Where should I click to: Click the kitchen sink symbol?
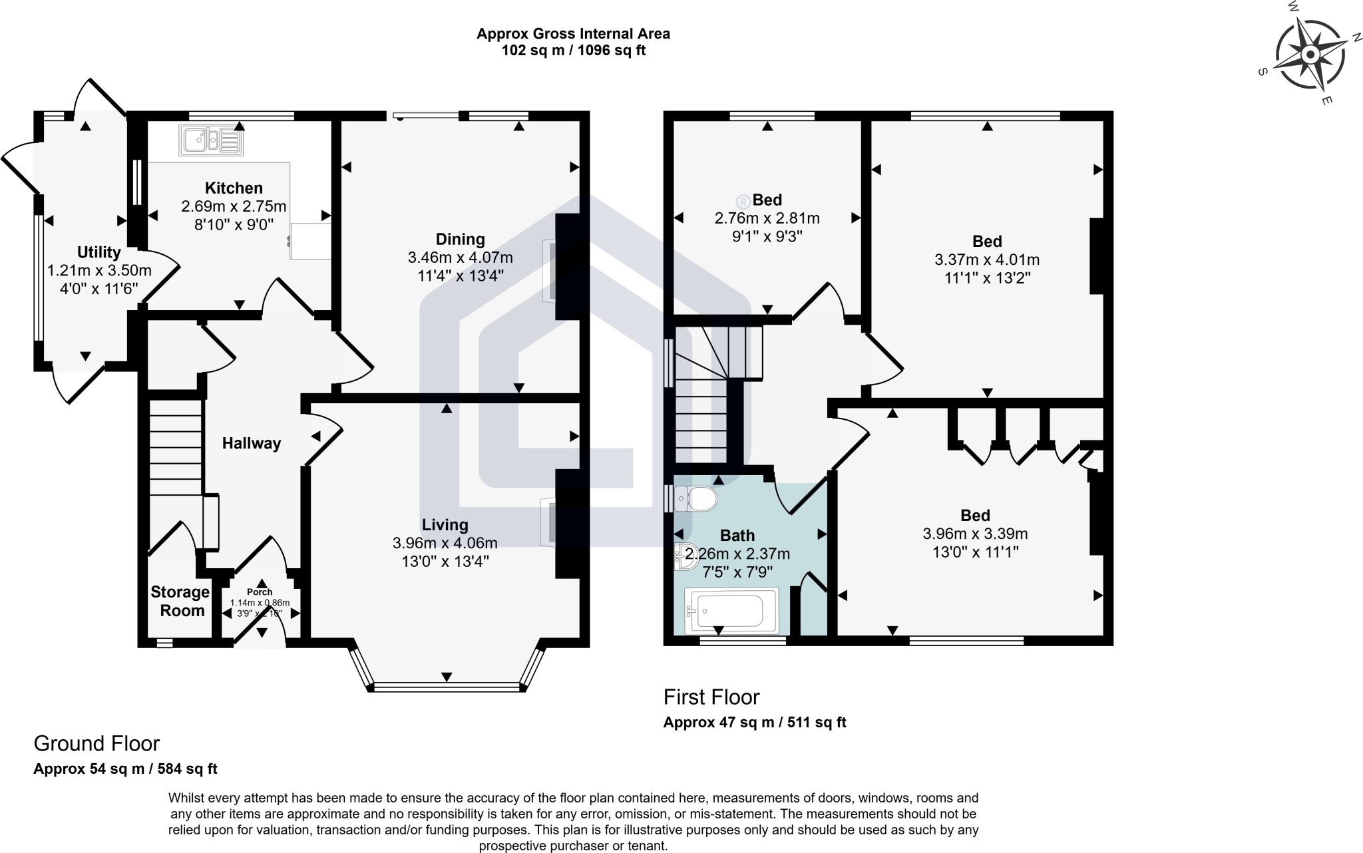coord(211,140)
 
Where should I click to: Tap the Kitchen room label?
coord(234,188)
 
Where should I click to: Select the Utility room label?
coord(99,252)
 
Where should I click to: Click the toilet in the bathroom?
coord(695,498)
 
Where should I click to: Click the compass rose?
coord(1310,54)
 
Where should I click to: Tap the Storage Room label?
coord(180,601)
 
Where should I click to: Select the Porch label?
coord(260,592)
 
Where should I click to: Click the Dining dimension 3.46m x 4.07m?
coord(460,257)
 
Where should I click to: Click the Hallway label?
coord(252,444)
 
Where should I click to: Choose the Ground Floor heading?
coord(97,743)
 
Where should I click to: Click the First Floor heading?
coord(711,697)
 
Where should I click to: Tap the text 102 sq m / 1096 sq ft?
coord(573,51)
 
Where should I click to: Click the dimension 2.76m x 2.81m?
coord(767,218)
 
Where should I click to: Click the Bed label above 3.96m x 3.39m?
coord(975,516)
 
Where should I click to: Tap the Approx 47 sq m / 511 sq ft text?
coord(754,723)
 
